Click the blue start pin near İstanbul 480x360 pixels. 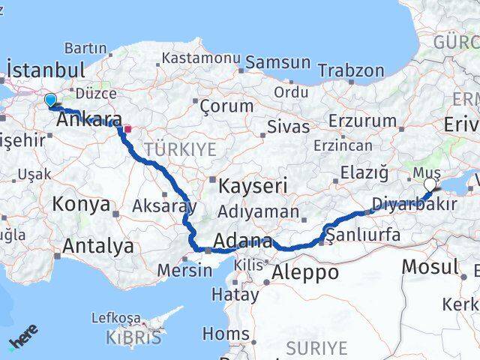point(50,100)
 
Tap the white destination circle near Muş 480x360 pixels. point(430,185)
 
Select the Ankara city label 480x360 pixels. point(89,120)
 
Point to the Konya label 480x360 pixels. point(81,204)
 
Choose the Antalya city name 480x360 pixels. point(98,246)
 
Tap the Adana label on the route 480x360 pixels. point(242,241)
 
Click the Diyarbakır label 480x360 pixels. point(415,204)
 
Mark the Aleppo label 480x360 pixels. point(306,272)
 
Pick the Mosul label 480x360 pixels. point(430,266)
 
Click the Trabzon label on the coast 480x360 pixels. point(351,70)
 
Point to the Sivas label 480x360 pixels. point(288,126)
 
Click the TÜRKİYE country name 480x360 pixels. point(179,150)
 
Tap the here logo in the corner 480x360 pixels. point(24,337)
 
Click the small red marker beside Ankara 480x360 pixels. point(127,129)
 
